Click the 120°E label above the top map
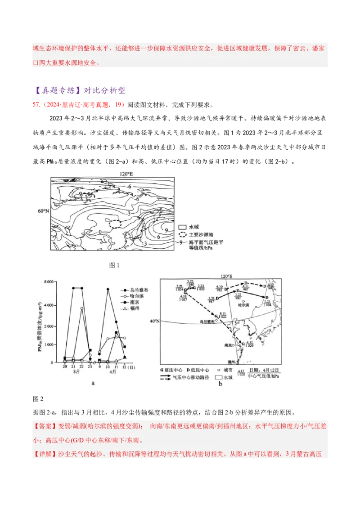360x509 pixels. [x=126, y=174]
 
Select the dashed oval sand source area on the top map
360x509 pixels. [x=115, y=223]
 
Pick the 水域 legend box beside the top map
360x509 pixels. [x=183, y=228]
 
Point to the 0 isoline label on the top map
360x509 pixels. [x=100, y=232]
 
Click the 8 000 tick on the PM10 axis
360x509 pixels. [x=48, y=281]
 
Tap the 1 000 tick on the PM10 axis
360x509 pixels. [x=48, y=344]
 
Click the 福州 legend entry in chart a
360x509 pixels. [x=132, y=309]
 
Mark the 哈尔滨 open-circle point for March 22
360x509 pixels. [x=82, y=308]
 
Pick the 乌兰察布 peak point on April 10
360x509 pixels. [x=108, y=289]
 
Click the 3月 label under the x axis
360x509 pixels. [x=76, y=372]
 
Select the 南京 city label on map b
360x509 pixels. [x=228, y=345]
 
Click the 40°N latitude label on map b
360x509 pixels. [x=154, y=321]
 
